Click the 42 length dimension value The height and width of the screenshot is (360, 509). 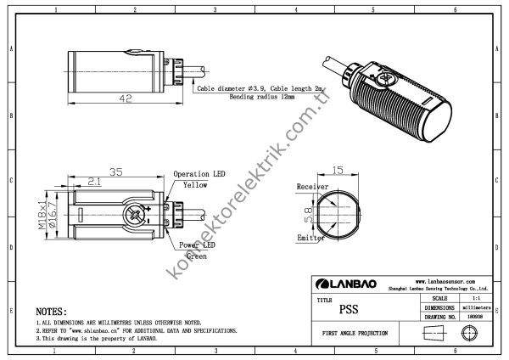(x=126, y=98)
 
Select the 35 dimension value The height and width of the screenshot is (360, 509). (x=116, y=172)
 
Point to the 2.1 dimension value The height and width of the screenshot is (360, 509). (x=94, y=182)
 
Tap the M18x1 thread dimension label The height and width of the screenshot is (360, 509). (x=42, y=215)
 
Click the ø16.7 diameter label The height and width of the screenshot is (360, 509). (x=52, y=215)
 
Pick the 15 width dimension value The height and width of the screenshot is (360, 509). (x=338, y=170)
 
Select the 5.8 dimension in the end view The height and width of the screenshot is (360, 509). (x=309, y=215)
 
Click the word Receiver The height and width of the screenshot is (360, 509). (x=312, y=187)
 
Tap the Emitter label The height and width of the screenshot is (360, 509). (x=310, y=238)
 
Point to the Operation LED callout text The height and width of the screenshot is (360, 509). (x=199, y=174)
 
